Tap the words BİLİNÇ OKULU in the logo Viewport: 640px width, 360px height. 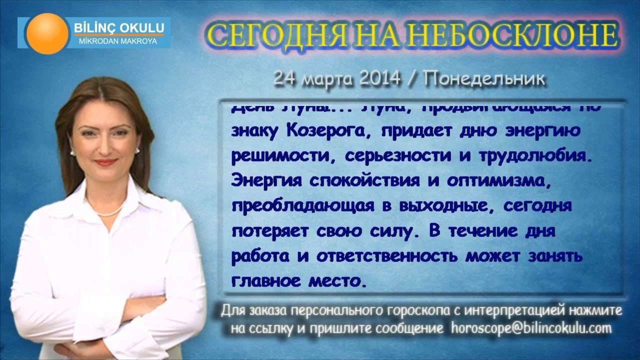(118, 28)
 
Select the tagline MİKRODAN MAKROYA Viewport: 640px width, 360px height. (118, 41)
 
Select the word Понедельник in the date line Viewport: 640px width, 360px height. (484, 78)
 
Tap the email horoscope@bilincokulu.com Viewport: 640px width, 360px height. (531, 328)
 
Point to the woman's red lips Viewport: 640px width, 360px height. (105, 162)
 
